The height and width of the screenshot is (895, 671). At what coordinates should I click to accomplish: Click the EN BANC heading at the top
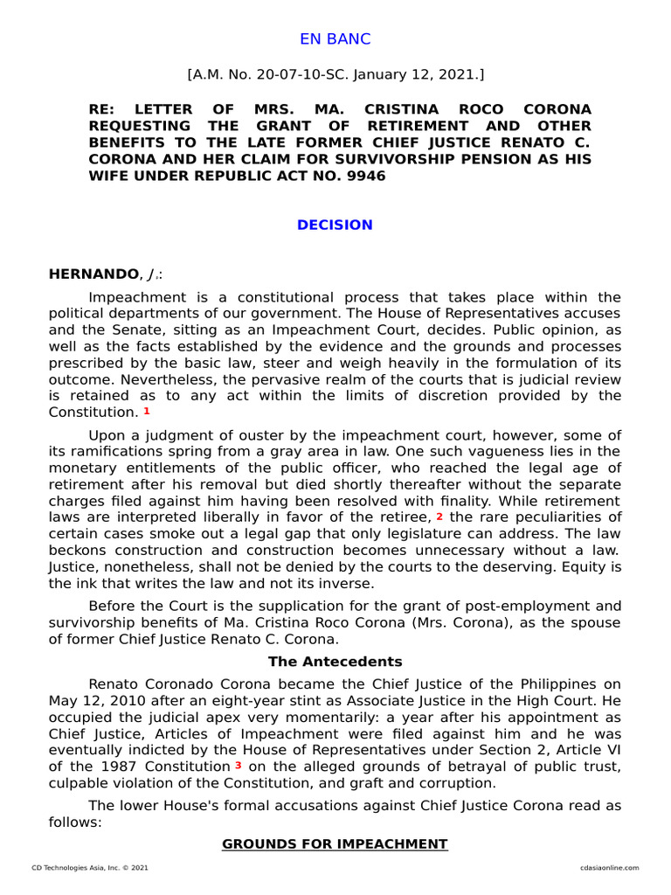pos(335,39)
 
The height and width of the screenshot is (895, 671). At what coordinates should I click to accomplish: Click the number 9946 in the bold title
pos(365,176)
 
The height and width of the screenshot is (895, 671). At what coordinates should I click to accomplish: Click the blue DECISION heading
pos(335,225)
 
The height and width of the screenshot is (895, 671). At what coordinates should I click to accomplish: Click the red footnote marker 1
pos(147,411)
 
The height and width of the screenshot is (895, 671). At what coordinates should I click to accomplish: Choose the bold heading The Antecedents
pos(335,662)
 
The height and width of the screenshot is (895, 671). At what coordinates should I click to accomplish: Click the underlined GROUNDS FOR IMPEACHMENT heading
pos(335,844)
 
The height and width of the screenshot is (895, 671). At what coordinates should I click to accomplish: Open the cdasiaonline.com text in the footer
pos(609,868)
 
